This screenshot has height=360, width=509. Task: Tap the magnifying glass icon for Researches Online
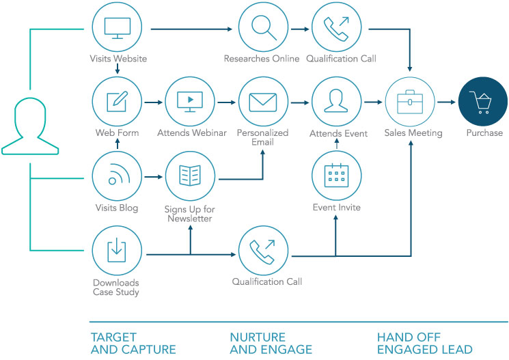[264, 28]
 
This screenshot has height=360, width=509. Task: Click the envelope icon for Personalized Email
[263, 102]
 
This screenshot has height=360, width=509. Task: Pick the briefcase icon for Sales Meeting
[410, 102]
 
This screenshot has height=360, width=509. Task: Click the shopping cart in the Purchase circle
[480, 102]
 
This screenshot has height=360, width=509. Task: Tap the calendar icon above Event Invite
[336, 176]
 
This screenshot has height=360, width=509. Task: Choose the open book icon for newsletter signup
[190, 176]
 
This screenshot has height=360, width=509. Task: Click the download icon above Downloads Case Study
[117, 249]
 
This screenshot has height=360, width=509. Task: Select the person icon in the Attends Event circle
[336, 100]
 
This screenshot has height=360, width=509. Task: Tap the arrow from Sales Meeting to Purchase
[446, 102]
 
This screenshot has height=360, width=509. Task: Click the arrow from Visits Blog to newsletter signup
[153, 177]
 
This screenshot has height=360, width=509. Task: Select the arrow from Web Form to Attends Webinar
[153, 102]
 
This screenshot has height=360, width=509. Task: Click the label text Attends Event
[338, 133]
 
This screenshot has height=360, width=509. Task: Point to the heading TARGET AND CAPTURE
[133, 344]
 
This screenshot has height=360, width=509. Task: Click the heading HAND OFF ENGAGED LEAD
[424, 344]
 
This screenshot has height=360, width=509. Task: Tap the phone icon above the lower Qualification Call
[262, 251]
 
